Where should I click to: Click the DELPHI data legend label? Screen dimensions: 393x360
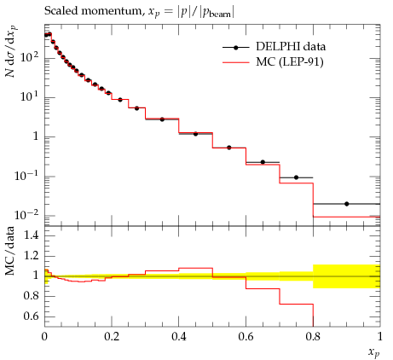[291, 46]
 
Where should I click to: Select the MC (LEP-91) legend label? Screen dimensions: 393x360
[290, 62]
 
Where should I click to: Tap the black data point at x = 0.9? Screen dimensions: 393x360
[346, 204]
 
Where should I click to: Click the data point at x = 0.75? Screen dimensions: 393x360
[296, 177]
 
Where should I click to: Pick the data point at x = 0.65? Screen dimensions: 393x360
[263, 162]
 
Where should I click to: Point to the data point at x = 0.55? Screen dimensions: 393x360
[229, 148]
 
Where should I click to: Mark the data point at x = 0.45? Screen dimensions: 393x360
[195, 134]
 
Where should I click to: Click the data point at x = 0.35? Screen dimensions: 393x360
[162, 119]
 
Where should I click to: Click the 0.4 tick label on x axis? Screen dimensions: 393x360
[179, 337]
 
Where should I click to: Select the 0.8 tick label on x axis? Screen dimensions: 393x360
[313, 337]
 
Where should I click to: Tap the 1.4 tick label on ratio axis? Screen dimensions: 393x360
[32, 235]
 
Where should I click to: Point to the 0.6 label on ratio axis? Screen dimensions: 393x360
[32, 316]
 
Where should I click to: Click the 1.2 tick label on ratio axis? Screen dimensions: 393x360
[32, 255]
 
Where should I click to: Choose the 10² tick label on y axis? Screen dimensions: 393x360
[29, 57]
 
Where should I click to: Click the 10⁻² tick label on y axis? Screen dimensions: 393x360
[26, 215]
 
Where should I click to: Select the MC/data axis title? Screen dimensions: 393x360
[10, 251]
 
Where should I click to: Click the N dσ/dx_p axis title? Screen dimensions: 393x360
[11, 51]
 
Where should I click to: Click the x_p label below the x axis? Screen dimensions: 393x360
[373, 352]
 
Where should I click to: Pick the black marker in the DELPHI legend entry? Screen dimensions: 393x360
[235, 48]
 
